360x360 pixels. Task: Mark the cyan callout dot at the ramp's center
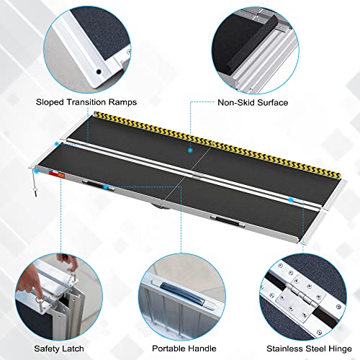pyautogui.click(x=190, y=151)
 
